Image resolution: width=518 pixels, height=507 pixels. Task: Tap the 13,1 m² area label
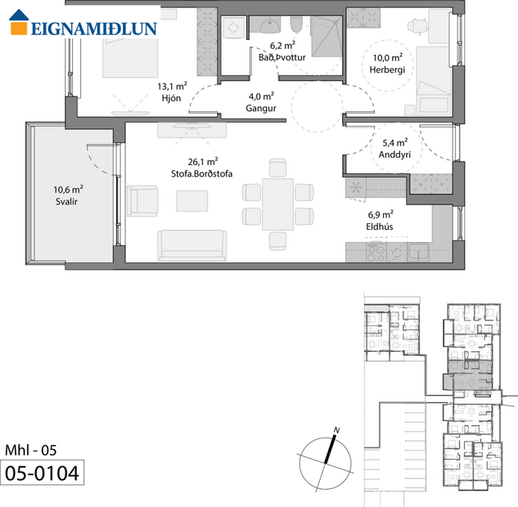[x=173, y=85]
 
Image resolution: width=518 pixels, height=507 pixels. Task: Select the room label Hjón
[x=173, y=97]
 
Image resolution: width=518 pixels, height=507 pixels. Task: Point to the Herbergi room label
[x=390, y=70]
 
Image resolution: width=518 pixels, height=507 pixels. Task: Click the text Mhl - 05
[x=32, y=450]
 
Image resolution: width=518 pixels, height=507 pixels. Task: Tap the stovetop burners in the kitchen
[x=376, y=253]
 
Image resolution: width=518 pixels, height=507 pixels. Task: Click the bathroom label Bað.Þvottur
[x=276, y=57]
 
